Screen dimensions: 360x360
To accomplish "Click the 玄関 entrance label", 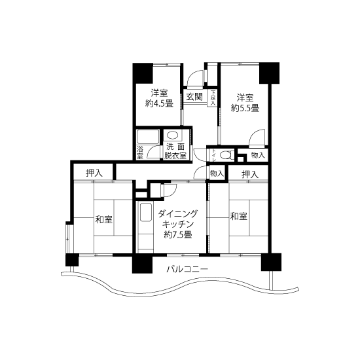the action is coord(194,97).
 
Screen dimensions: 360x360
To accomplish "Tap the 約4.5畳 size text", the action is coord(159,103).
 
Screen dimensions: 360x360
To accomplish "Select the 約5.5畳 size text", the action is coord(245,108).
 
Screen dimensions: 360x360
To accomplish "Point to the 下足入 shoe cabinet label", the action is coord(213,98).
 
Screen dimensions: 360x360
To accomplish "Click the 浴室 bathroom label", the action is coord(139,153).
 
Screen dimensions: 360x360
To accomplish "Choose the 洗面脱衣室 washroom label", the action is coord(175,151).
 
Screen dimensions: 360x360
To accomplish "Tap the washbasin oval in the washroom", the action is coord(172,135).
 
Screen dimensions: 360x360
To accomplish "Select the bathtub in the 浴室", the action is coord(148,137).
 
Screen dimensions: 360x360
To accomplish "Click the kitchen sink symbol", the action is coord(146,212).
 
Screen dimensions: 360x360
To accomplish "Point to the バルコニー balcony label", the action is coord(187,268).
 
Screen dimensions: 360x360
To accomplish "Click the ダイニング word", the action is coord(178,213).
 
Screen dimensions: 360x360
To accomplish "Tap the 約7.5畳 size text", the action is coord(178,234).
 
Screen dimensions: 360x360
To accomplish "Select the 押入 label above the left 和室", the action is coord(94,173).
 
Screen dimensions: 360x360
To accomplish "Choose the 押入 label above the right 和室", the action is coord(250,175).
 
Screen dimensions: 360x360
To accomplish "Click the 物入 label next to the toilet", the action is coord(259,155).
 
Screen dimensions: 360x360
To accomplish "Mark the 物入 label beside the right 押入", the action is coord(217,173).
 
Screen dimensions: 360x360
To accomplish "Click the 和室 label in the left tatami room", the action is coord(104,219).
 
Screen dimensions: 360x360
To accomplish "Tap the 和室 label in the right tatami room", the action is coord(238,216).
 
